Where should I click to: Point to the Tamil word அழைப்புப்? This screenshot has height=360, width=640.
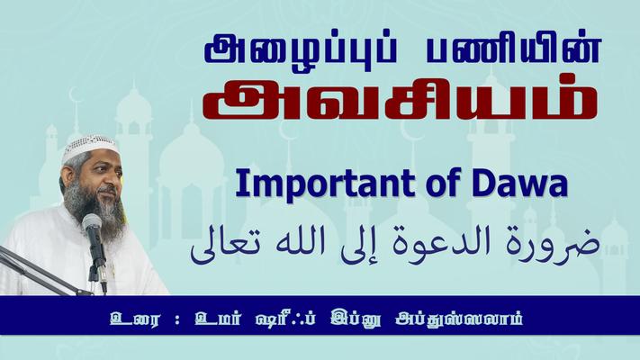[x=301, y=49]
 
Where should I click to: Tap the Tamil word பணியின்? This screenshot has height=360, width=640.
[x=514, y=49]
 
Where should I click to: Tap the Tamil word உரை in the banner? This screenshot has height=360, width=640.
[x=134, y=318]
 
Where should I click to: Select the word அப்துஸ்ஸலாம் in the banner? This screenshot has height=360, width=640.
[x=459, y=318]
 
